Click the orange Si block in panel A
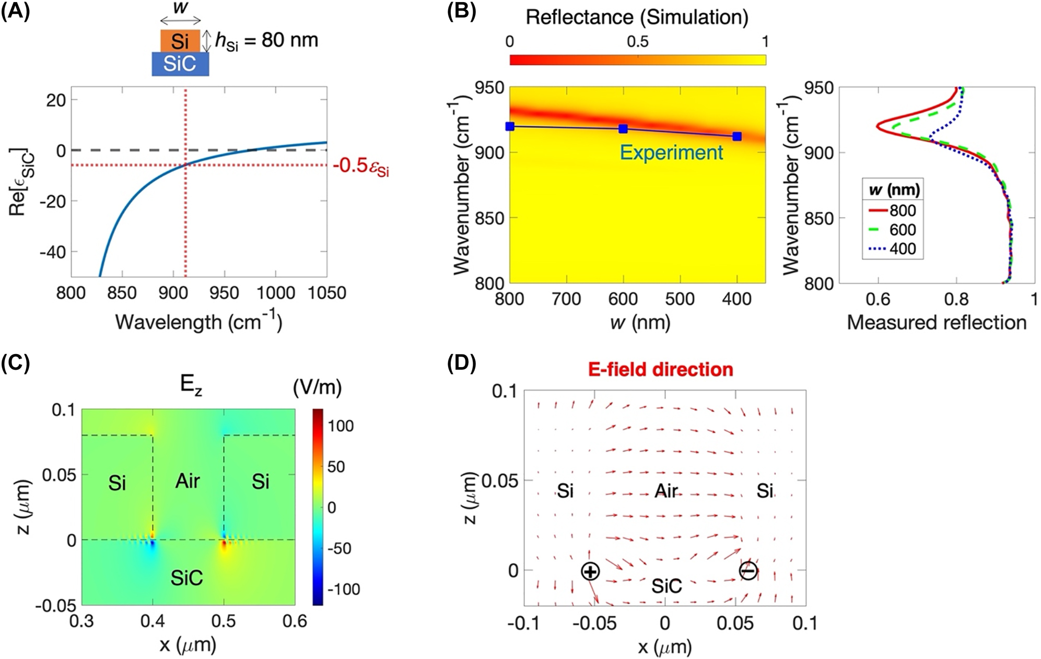[180, 41]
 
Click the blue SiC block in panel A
[180, 64]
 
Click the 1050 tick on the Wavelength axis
[327, 293]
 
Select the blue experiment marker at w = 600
[623, 129]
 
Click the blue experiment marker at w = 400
[737, 136]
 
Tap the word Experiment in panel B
[671, 152]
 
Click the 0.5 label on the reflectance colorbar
[637, 42]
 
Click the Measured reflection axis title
[937, 323]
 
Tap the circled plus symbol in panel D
[590, 571]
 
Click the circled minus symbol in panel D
[748, 571]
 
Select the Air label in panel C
[187, 481]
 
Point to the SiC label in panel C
[186, 578]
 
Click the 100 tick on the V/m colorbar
[341, 426]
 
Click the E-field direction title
[660, 370]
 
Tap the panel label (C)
[15, 362]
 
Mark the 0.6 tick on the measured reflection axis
[878, 299]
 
